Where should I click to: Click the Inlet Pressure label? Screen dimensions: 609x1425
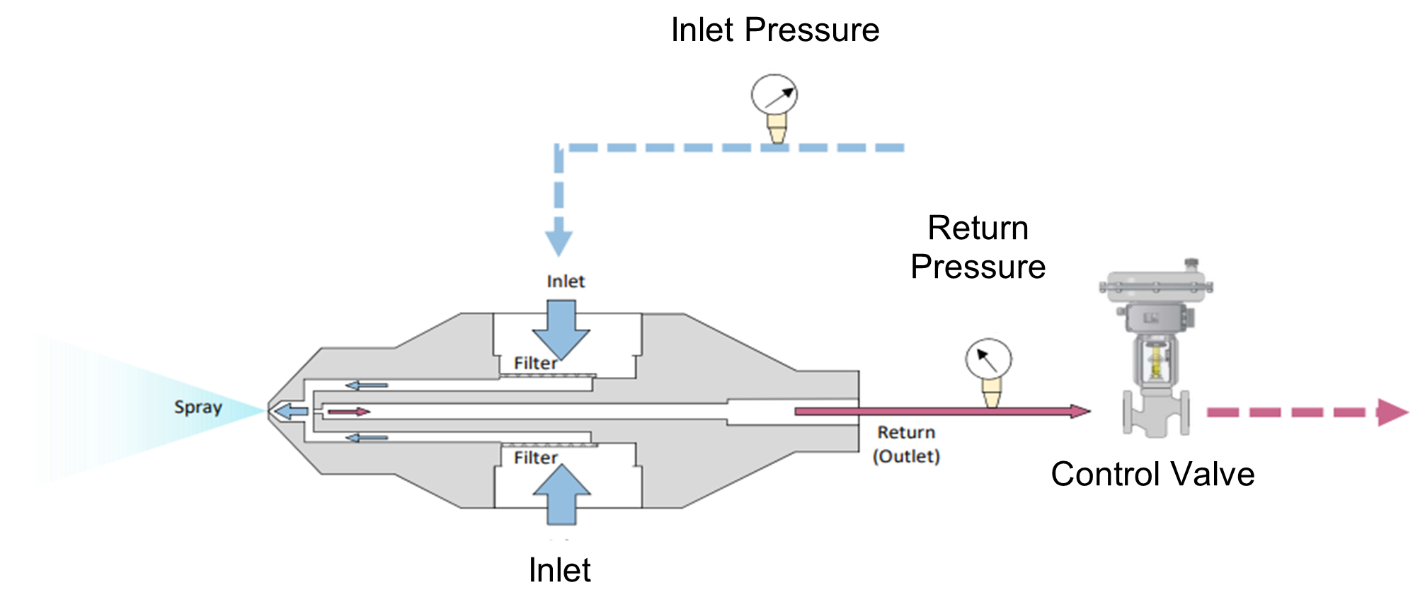(x=775, y=30)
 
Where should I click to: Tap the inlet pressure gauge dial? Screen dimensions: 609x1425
(x=774, y=95)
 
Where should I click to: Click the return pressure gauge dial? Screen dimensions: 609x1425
(x=988, y=359)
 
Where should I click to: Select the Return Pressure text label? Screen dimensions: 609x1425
(x=978, y=248)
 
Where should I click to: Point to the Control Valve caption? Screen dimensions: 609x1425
(x=1152, y=474)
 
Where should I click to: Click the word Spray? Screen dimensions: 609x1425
(x=198, y=407)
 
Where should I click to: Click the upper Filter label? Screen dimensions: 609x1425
(x=535, y=364)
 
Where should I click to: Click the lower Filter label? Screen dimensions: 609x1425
(x=535, y=458)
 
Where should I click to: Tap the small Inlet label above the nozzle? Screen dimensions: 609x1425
(x=566, y=282)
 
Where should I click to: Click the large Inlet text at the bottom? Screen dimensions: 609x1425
(x=559, y=570)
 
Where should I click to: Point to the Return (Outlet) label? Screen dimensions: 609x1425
(x=906, y=444)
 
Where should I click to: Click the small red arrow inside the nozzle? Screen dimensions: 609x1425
(x=348, y=412)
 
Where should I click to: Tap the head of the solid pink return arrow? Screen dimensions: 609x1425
(x=1080, y=411)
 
